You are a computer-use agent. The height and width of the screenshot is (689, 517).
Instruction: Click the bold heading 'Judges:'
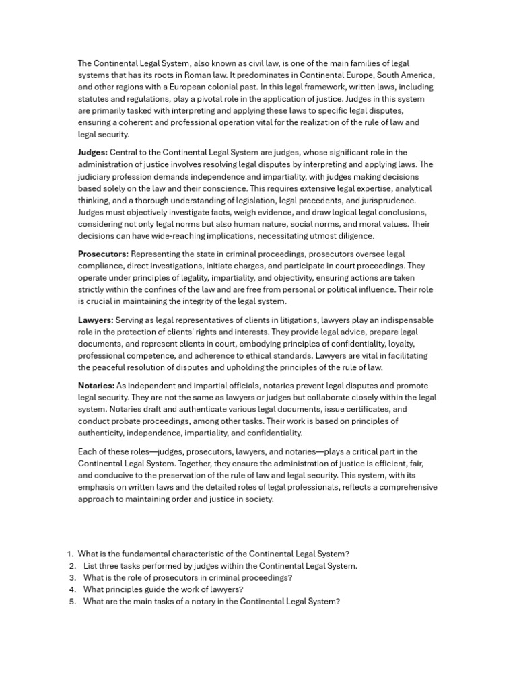(93, 153)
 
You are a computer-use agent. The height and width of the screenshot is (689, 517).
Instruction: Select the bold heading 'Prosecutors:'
(103, 254)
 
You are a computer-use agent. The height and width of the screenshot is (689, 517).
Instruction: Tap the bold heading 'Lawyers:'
(96, 320)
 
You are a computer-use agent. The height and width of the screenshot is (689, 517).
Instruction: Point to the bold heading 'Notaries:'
(96, 386)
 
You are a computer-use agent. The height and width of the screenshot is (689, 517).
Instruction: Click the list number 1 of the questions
(71, 554)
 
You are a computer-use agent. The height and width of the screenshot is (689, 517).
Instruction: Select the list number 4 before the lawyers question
(71, 590)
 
